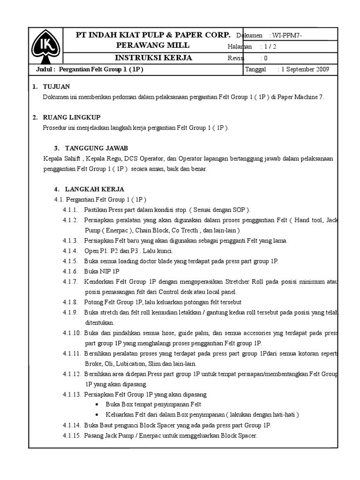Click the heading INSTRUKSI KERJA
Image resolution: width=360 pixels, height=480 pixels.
click(154, 58)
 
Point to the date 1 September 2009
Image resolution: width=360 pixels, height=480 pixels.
click(305, 69)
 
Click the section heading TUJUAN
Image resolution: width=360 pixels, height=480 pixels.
click(56, 87)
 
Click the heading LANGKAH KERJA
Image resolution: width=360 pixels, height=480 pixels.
click(95, 189)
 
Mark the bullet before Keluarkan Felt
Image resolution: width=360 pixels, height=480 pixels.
click(97, 415)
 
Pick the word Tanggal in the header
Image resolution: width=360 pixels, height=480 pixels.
click(255, 69)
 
